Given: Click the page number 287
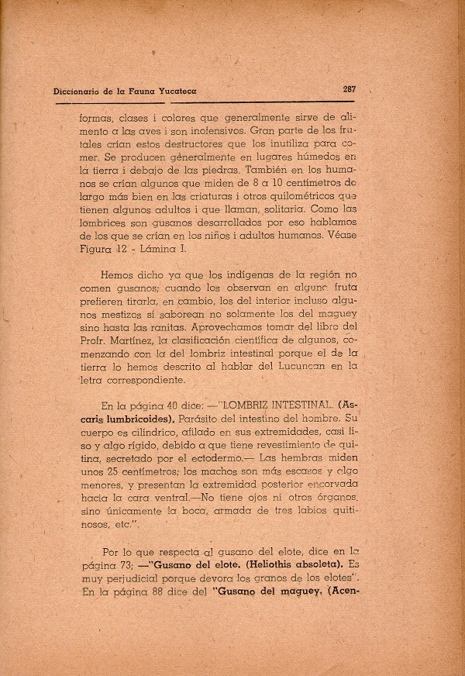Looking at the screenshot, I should point(349,89).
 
